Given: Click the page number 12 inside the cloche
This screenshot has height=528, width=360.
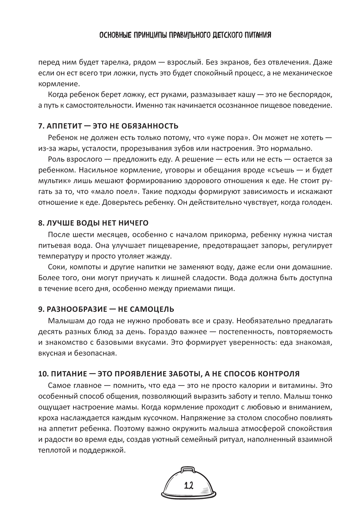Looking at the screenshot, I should [189, 486].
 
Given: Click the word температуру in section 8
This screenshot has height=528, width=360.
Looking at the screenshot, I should [60, 256].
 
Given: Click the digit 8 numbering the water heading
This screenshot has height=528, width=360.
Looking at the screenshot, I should [40, 223].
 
